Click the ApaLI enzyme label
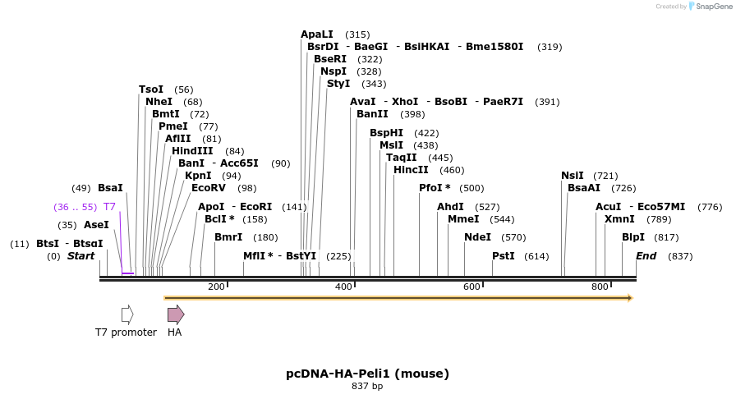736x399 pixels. (x=317, y=34)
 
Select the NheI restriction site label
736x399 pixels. (x=159, y=102)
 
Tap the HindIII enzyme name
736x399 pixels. (x=192, y=151)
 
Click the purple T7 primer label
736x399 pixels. (x=109, y=207)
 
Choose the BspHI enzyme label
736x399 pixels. (x=386, y=133)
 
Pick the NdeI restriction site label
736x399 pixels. (x=477, y=237)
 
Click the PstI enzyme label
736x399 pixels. (x=504, y=256)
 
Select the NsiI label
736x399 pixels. (x=573, y=176)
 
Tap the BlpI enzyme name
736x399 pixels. (x=633, y=237)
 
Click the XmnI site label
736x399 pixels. (x=619, y=219)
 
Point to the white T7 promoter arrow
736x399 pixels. (x=127, y=314)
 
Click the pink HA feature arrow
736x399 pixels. (x=176, y=314)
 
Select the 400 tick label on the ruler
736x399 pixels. (x=344, y=287)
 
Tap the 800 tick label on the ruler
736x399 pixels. (x=600, y=287)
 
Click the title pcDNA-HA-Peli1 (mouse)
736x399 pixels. (x=367, y=374)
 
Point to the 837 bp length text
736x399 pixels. (x=367, y=386)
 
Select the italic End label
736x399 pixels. (x=646, y=256)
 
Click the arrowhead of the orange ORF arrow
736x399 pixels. (x=630, y=298)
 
